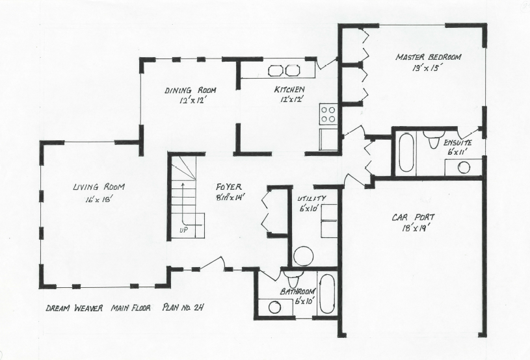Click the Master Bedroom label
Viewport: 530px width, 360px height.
(x=428, y=58)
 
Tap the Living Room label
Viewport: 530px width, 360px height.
(x=99, y=187)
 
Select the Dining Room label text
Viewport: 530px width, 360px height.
(x=190, y=91)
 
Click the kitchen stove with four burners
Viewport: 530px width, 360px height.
(x=328, y=114)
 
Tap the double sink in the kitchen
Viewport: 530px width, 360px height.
(x=284, y=70)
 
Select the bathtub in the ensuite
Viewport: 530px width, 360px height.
(x=406, y=152)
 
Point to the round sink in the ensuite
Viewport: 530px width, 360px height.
(x=463, y=167)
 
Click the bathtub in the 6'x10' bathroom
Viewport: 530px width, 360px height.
(x=326, y=293)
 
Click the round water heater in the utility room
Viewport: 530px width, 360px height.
(x=303, y=255)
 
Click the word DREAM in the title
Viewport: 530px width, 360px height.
(x=59, y=309)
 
